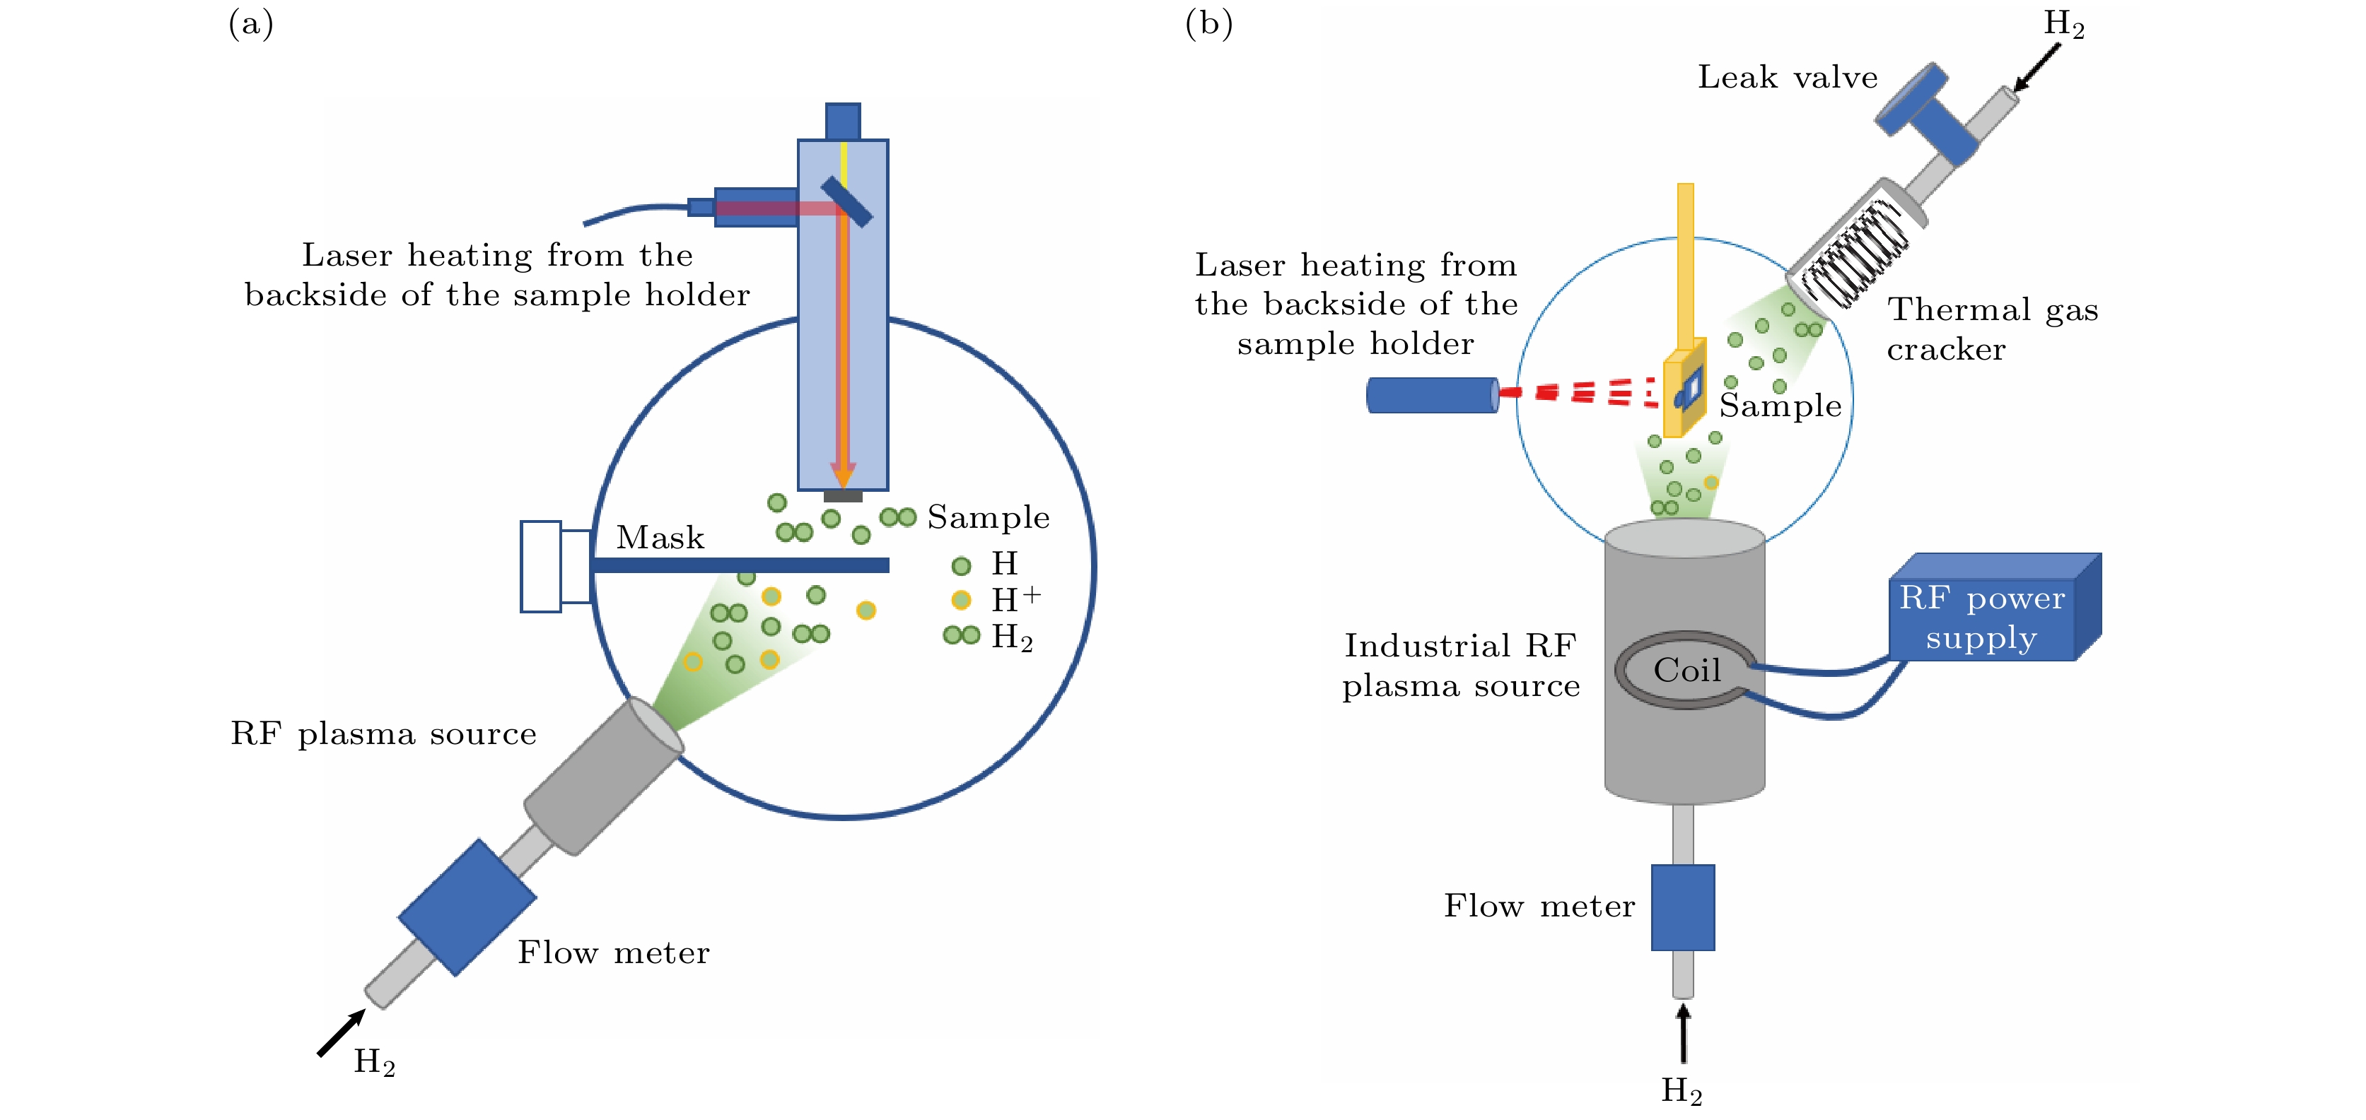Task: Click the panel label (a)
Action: point(251,24)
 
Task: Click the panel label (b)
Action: point(1208,24)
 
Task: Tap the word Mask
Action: point(660,537)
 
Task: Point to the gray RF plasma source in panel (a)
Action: point(602,777)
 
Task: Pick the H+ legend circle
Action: point(961,601)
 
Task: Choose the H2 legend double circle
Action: point(961,635)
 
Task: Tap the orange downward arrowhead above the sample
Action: point(842,475)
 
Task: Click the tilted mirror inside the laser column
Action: point(846,202)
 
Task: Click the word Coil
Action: point(1686,670)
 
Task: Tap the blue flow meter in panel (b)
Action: point(1683,907)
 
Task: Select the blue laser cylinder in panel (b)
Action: point(1432,395)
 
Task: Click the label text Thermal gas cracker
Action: point(1991,329)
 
